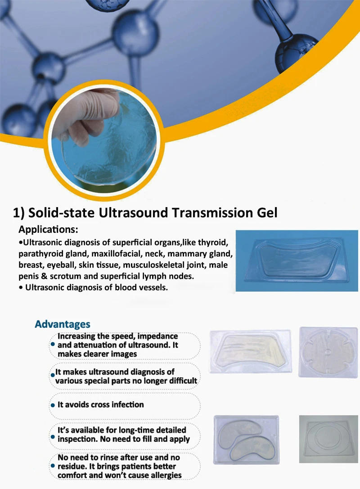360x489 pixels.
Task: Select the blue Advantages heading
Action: pos(63,324)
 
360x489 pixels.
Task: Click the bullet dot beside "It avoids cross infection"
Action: pos(52,405)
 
